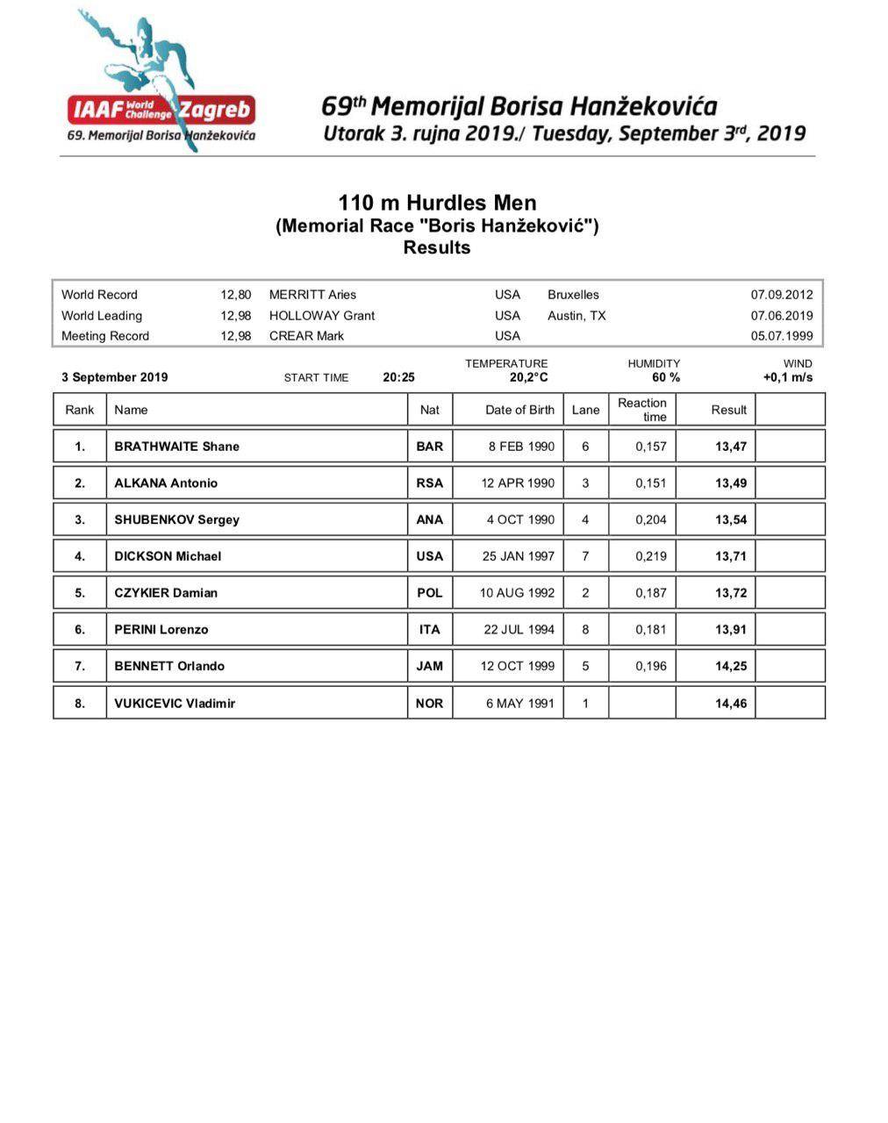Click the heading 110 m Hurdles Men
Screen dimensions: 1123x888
[437, 204]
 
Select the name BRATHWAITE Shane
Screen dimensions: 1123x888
[176, 447]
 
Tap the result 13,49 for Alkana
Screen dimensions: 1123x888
[731, 483]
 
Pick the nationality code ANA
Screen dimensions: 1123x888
[429, 520]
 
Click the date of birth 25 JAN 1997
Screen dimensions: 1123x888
[519, 556]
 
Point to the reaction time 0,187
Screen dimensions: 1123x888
[651, 593]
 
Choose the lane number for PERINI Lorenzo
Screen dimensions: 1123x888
[585, 629]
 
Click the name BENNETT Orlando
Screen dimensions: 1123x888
[169, 666]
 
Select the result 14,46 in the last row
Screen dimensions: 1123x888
[731, 703]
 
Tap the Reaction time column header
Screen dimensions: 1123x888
[642, 410]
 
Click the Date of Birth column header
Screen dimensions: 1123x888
[519, 410]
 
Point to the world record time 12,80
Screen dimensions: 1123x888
[235, 295]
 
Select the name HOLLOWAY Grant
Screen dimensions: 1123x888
[321, 316]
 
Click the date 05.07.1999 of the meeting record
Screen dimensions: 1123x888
[782, 336]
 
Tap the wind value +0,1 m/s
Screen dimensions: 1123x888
[788, 377]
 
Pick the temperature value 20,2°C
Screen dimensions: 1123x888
[529, 377]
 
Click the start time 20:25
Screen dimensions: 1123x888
[398, 377]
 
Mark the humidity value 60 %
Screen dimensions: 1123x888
[666, 377]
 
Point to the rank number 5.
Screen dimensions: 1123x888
[80, 593]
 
